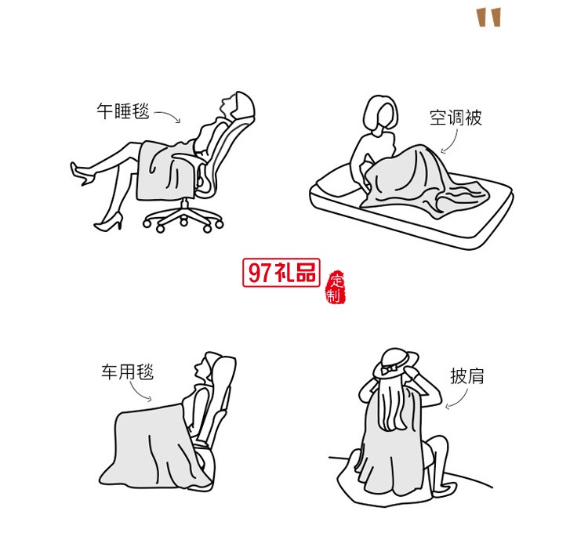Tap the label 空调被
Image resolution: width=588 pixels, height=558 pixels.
tap(456, 118)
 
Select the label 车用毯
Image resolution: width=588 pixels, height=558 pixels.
tap(126, 371)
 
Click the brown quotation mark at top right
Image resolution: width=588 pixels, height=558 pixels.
tap(489, 16)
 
